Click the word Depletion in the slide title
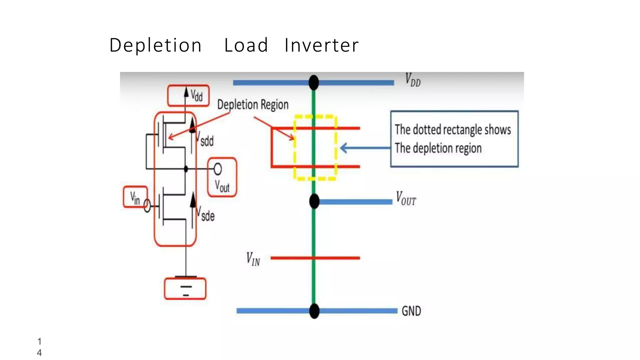pos(155,46)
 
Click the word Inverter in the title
pos(322,46)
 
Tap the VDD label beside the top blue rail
pos(412,80)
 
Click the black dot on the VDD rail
pos(314,83)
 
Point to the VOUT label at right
pos(406,199)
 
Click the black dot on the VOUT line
pos(314,201)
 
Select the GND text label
pos(411,311)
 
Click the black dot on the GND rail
pos(314,311)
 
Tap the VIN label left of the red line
pos(253,259)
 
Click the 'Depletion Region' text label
pos(252,105)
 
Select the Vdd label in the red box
pos(197,96)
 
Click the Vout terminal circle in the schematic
pos(218,169)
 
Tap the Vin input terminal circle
pos(147,206)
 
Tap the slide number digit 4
pos(39,353)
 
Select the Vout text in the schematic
pos(222,186)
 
